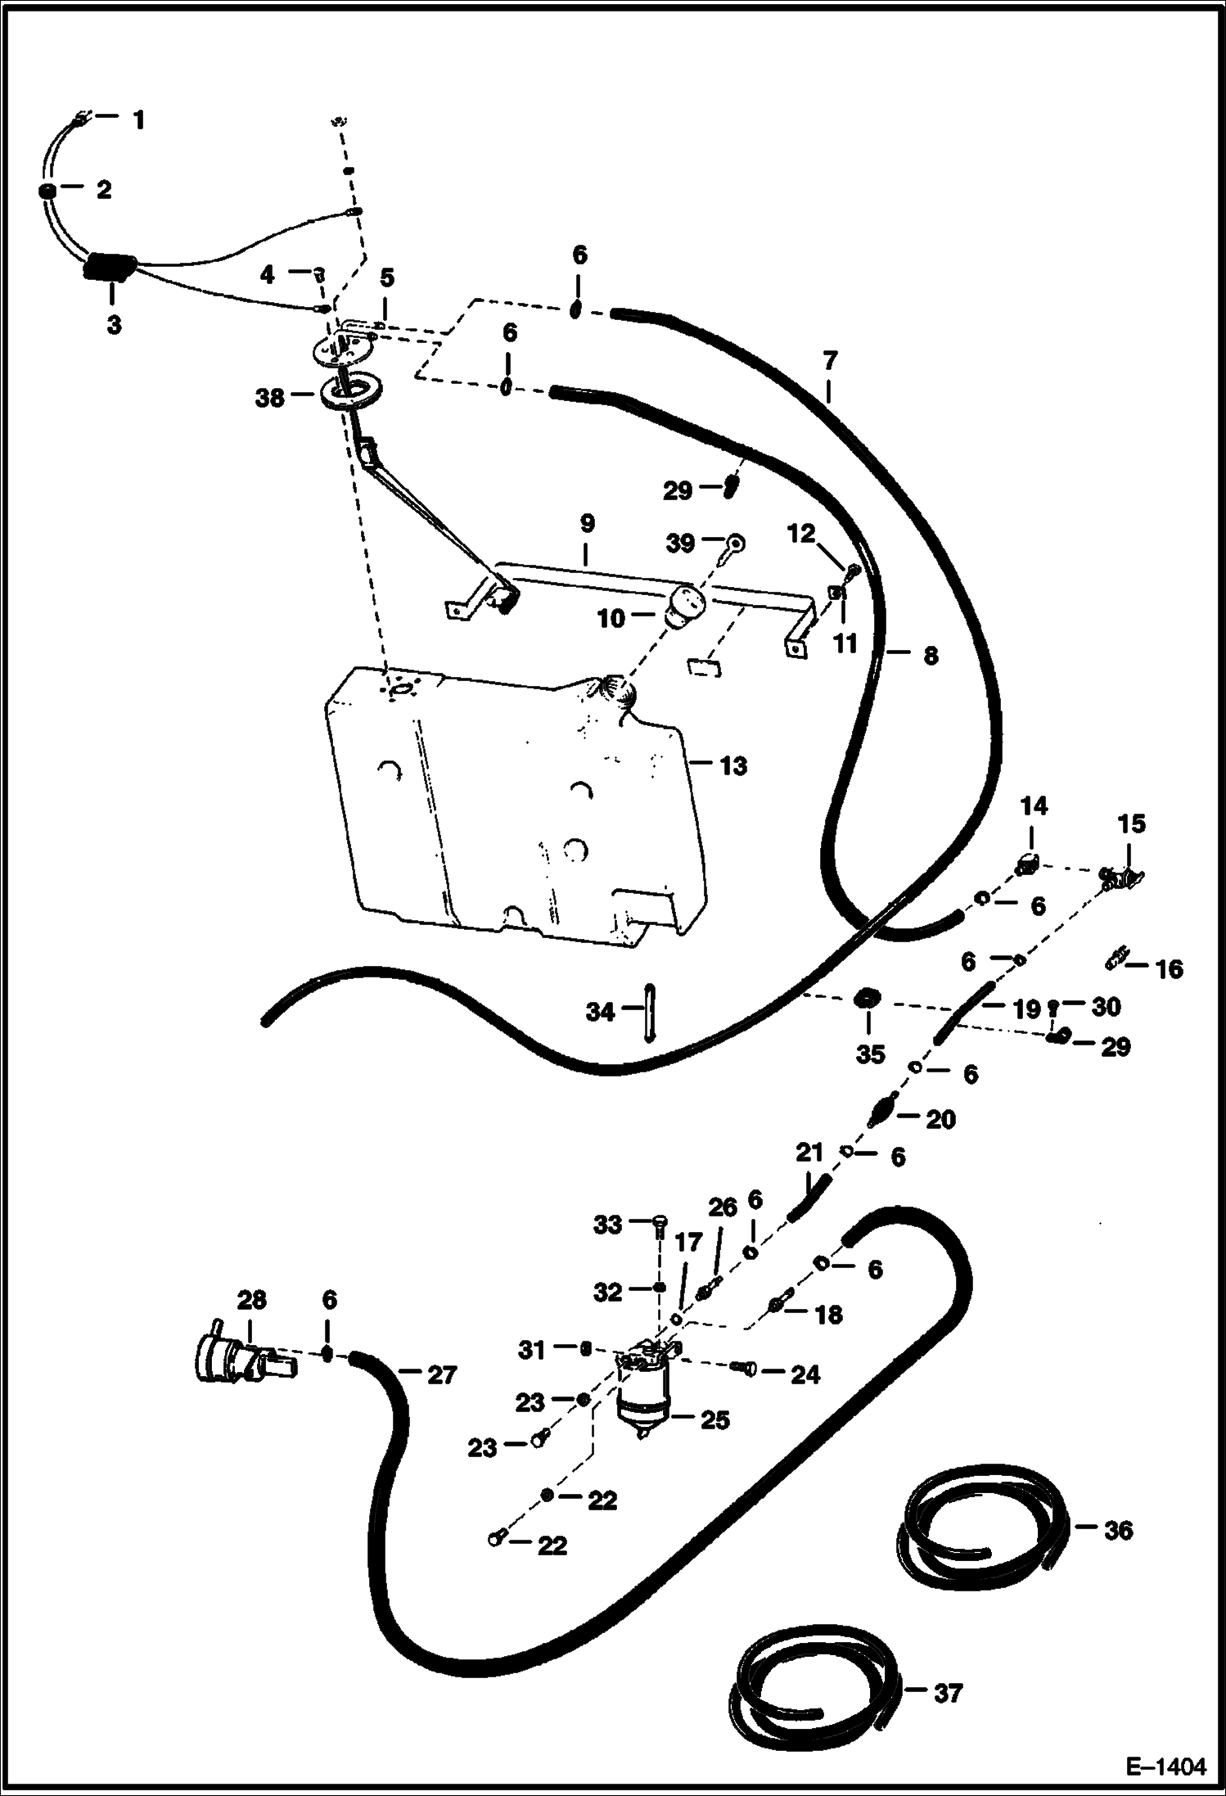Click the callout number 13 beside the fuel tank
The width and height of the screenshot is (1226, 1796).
point(733,766)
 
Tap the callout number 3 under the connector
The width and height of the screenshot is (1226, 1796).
point(114,325)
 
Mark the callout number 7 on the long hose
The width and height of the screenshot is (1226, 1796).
point(829,360)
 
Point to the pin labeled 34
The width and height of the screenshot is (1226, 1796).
point(648,1013)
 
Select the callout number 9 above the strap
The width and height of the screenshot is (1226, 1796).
point(586,524)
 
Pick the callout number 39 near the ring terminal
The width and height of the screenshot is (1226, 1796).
point(680,544)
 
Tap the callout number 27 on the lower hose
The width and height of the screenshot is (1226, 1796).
point(442,1375)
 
